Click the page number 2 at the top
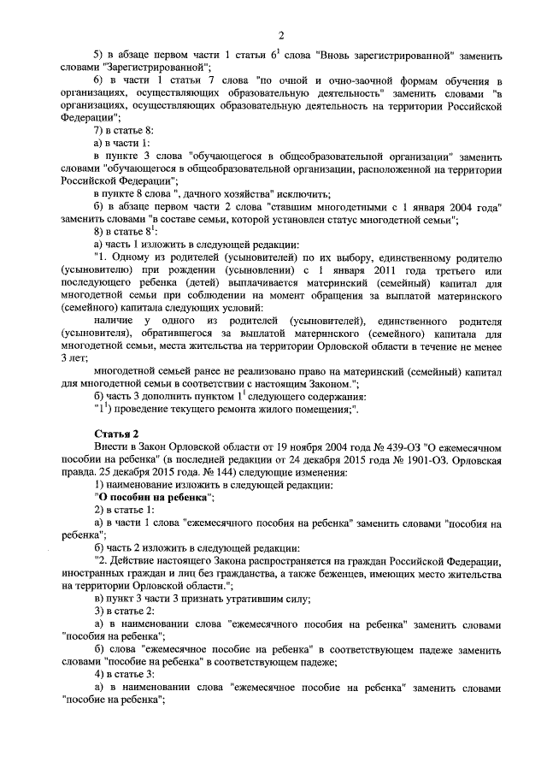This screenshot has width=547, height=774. [279, 34]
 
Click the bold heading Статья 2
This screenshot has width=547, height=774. [118, 434]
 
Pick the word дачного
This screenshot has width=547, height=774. [227, 194]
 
